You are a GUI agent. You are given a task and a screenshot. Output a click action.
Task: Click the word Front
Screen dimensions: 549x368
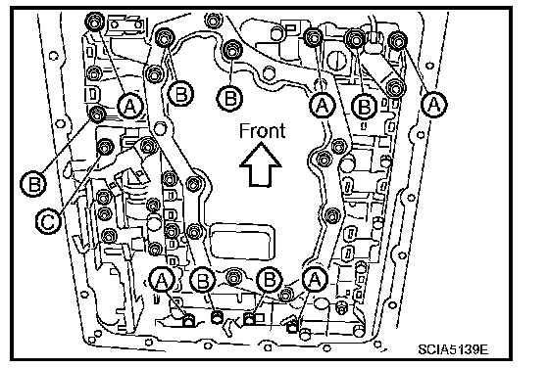click(262, 131)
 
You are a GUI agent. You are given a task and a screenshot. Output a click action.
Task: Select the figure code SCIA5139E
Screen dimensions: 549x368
click(453, 349)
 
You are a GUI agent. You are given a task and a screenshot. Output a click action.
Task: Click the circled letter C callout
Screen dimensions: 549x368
click(48, 221)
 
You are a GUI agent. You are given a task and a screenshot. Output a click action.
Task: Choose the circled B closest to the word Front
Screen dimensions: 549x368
click(229, 98)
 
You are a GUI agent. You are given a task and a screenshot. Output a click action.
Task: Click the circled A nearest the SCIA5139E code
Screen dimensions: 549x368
click(315, 279)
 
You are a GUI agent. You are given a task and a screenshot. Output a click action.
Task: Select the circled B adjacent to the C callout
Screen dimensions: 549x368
click(33, 183)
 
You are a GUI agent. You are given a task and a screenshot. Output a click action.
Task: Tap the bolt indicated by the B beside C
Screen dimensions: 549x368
click(97, 115)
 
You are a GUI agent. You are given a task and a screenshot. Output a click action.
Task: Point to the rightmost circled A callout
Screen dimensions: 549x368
click(434, 104)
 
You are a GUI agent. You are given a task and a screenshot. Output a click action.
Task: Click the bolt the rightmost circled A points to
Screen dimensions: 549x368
click(397, 40)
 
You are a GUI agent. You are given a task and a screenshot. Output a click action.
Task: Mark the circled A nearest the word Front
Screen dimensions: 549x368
click(323, 105)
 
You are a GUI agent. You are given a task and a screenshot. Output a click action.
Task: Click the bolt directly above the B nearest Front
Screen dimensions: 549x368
click(231, 50)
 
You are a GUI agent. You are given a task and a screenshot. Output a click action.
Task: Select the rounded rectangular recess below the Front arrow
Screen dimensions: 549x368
click(242, 241)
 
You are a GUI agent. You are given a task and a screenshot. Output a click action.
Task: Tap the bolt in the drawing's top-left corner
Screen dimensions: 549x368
click(94, 22)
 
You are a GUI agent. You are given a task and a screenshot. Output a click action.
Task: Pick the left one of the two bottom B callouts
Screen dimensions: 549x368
click(204, 281)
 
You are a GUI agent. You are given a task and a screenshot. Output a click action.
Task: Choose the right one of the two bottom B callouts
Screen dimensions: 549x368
click(269, 280)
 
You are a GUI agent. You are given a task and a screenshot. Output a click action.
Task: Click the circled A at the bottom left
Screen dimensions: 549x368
click(162, 280)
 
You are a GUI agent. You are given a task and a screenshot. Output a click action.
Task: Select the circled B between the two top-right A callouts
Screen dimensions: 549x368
click(365, 105)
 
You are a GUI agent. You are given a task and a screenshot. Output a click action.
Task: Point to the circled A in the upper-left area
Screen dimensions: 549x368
click(129, 105)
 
